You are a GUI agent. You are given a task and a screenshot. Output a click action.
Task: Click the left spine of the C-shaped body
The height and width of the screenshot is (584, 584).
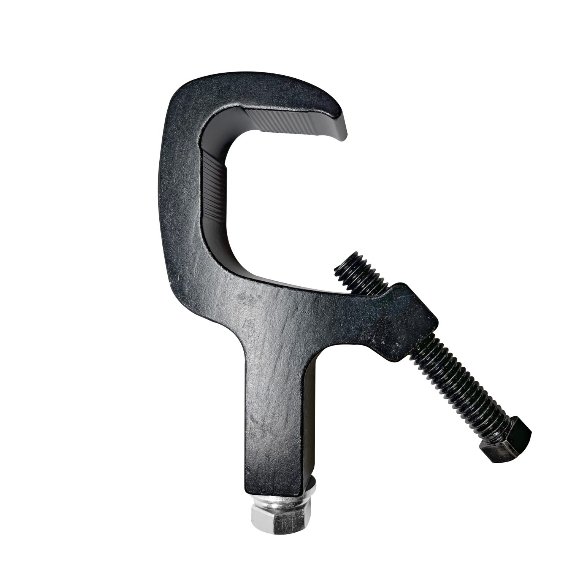pos(179,190)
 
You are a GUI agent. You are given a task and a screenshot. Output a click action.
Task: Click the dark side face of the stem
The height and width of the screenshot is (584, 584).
pos(310,418)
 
